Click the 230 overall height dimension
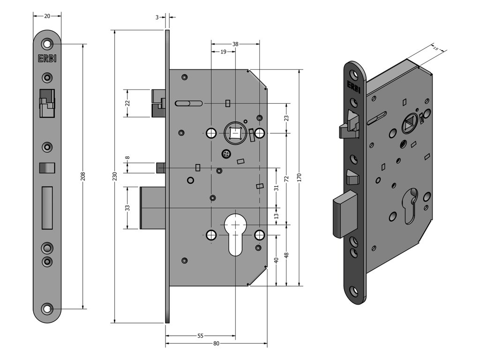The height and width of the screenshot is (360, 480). pos(114,176)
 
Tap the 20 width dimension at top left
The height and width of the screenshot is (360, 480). pos(47,15)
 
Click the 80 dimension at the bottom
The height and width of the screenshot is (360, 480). pos(216,343)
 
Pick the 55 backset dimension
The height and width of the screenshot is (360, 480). pos(200,336)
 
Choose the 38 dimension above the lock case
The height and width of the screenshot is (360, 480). pos(235,44)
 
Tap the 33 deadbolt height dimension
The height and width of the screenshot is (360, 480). pos(127,208)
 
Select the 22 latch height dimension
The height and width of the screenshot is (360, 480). pos(127,103)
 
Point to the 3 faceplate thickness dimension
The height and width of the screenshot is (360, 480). pos(157,17)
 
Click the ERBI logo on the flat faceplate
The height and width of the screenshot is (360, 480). pos(47,59)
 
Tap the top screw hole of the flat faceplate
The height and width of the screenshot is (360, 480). pos(47,44)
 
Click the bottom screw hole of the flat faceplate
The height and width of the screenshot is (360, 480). pos(47,308)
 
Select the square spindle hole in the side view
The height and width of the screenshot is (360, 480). pos(235,134)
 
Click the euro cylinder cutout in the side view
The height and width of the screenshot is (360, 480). pos(235,234)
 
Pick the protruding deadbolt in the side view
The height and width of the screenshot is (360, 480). pos(152,208)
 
